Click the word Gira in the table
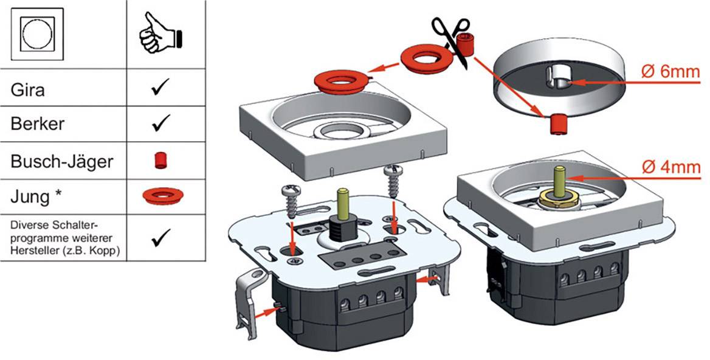point(28,91)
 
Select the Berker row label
point(38,124)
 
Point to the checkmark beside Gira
point(161,90)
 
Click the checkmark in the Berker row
point(161,124)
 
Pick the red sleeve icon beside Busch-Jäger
point(161,160)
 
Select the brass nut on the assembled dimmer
point(557,197)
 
